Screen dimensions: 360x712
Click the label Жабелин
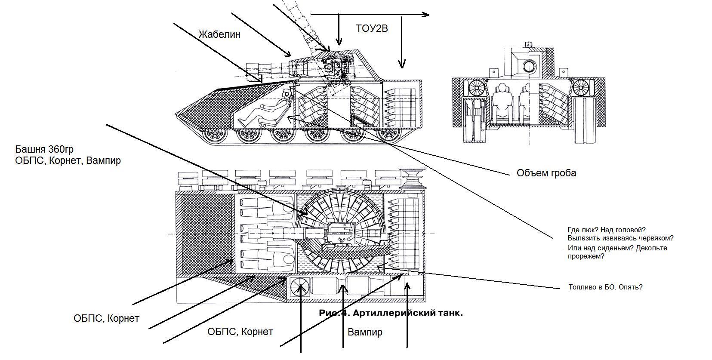tap(219, 34)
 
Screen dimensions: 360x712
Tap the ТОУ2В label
tap(372, 28)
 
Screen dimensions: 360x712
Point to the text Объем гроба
tap(546, 173)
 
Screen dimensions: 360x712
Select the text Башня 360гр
tap(44, 149)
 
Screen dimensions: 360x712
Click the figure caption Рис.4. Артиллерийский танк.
tap(391, 313)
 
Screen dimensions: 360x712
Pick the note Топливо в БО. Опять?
tap(605, 287)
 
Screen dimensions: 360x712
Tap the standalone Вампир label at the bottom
tap(364, 332)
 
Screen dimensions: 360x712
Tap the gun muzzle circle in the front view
tap(529, 66)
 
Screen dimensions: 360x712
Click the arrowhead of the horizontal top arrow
tap(426, 15)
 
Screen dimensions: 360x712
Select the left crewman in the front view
tap(501, 102)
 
